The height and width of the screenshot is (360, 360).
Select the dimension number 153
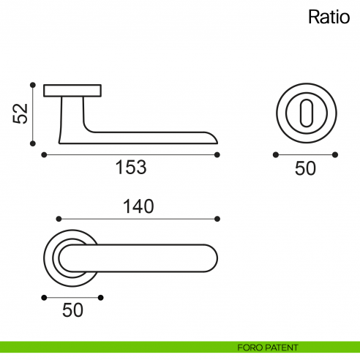pyautogui.click(x=131, y=168)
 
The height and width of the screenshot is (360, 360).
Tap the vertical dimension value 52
pyautogui.click(x=20, y=113)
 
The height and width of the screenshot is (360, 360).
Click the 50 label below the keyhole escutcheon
pyautogui.click(x=305, y=168)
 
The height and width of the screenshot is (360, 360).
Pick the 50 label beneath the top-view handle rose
pyautogui.click(x=72, y=310)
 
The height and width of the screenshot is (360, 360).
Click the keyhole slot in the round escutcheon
pyautogui.click(x=305, y=113)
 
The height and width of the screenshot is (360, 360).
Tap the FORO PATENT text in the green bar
pyautogui.click(x=268, y=348)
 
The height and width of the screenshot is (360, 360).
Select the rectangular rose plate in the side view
pyautogui.click(x=72, y=91)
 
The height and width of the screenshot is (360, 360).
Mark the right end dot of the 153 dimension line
pyautogui.click(x=218, y=154)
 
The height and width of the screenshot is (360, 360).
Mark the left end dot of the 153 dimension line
pyautogui.click(x=44, y=154)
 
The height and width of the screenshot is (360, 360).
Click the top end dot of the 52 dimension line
pyautogui.click(x=33, y=84)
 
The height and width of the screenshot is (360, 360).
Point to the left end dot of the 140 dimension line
pyautogui.click(x=59, y=218)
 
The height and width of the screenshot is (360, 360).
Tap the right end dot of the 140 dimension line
pyautogui.click(x=218, y=218)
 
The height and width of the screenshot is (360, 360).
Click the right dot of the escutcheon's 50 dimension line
pyautogui.click(x=335, y=154)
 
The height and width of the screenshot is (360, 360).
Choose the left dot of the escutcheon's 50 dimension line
pyautogui.click(x=275, y=154)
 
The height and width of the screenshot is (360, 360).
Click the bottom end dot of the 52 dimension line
pyautogui.click(x=33, y=143)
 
